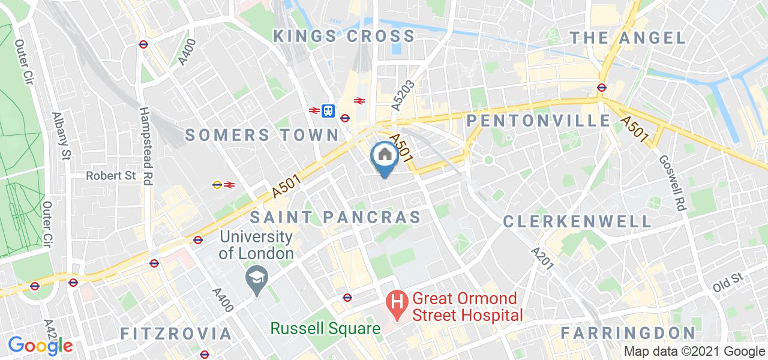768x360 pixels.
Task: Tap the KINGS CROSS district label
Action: click(x=344, y=36)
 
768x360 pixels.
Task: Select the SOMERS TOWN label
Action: click(x=262, y=134)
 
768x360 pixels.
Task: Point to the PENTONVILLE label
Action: click(x=538, y=121)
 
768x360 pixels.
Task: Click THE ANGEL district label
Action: click(x=627, y=38)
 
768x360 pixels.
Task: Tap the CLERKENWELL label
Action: click(x=577, y=221)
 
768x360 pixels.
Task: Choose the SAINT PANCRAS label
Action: click(x=336, y=217)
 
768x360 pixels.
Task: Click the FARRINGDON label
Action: click(x=628, y=333)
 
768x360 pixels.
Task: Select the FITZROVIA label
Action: click(x=176, y=334)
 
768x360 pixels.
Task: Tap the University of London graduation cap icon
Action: click(x=257, y=278)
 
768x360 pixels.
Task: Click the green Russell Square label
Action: click(x=325, y=328)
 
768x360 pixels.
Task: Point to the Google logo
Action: click(x=40, y=345)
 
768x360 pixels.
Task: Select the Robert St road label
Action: click(x=111, y=176)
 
